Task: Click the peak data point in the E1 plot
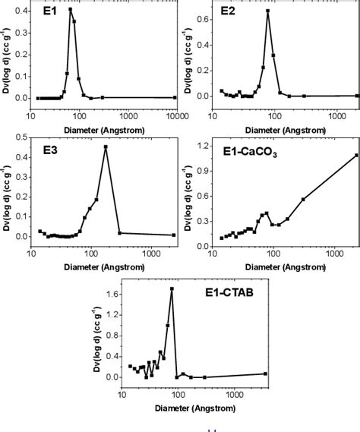pos(71,9)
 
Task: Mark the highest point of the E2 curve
pos(268,11)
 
